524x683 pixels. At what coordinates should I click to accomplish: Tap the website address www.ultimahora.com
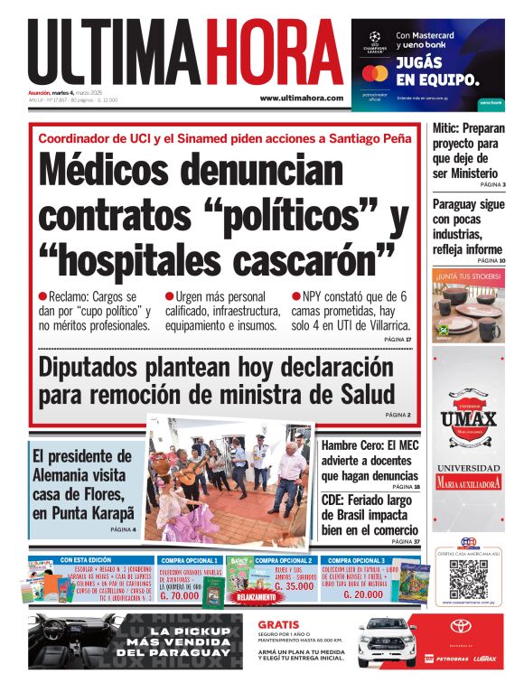301,98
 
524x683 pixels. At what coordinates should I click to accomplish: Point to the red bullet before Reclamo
42,296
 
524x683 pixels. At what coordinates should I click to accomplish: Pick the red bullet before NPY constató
295,296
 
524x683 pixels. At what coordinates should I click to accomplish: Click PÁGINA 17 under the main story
397,339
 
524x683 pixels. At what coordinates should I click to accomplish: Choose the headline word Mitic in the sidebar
447,128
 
